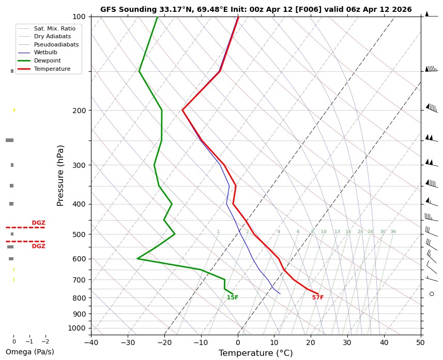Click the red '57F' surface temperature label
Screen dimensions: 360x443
pyautogui.click(x=317, y=298)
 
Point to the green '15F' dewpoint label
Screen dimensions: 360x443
pyautogui.click(x=233, y=298)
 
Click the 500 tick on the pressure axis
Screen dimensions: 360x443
pyautogui.click(x=79, y=234)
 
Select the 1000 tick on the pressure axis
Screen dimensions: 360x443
pyautogui.click(x=77, y=328)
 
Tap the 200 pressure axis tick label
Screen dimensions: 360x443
pyautogui.click(x=79, y=111)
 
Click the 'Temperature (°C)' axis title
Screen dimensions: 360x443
pyautogui.click(x=255, y=353)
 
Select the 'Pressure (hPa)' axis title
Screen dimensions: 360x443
pyautogui.click(x=60, y=176)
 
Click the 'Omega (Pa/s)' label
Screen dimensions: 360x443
pyautogui.click(x=29, y=352)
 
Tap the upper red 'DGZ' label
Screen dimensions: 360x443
pyautogui.click(x=39, y=223)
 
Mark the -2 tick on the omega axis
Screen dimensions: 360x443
pyautogui.click(x=44, y=341)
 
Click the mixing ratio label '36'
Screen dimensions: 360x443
pyautogui.click(x=393, y=232)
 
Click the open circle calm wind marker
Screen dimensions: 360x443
pyautogui.click(x=432, y=294)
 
